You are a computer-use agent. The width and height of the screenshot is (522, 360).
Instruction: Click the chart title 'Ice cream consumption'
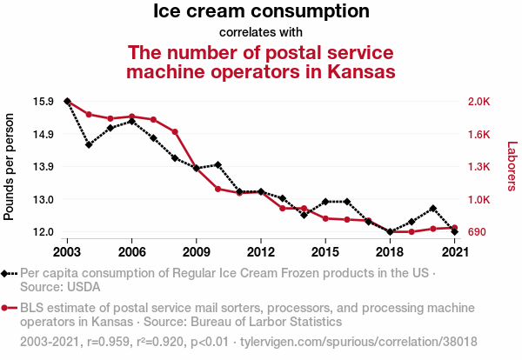tap(261, 12)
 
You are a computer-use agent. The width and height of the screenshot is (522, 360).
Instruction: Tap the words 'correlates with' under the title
tap(261, 33)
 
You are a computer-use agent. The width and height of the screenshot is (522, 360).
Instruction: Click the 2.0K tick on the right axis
tap(479, 102)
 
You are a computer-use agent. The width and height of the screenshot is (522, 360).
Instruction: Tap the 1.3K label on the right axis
tap(479, 167)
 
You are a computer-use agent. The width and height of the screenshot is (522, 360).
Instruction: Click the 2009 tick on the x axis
tap(197, 251)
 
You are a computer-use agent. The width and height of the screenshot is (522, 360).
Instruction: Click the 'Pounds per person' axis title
tap(10, 166)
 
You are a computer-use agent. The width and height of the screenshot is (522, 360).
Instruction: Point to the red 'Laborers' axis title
tap(512, 166)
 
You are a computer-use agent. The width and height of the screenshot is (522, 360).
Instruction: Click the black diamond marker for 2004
tap(89, 144)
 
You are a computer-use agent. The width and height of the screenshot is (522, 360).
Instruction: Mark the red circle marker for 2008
tap(175, 132)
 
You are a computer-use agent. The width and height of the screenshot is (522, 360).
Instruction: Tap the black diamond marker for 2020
tap(433, 209)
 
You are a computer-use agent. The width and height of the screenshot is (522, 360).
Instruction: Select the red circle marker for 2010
tap(217, 188)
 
